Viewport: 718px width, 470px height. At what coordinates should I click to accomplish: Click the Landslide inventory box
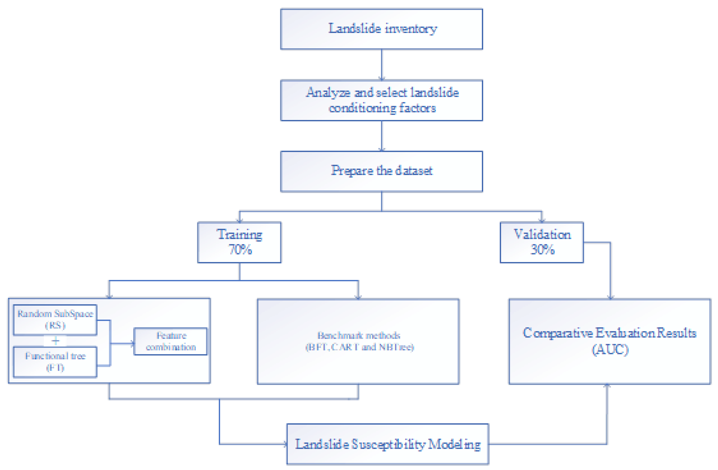[x=381, y=29]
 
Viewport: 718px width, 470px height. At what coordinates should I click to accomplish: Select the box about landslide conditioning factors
[x=381, y=100]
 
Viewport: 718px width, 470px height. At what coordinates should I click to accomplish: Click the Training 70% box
[x=239, y=242]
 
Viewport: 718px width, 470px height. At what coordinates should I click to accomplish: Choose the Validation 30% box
[x=542, y=242]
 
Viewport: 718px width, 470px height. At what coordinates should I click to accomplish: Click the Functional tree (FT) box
[x=55, y=362]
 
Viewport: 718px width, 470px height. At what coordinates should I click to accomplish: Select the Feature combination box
[x=171, y=341]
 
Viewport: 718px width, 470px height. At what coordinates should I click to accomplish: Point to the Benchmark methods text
[x=359, y=336]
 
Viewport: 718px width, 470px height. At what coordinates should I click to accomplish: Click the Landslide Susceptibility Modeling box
[x=388, y=444]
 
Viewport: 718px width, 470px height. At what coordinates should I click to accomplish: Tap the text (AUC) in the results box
[x=610, y=350]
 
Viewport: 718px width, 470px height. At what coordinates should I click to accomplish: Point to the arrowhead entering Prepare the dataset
[x=382, y=149]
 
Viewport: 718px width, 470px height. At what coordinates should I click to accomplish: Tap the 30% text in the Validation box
[x=542, y=250]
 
